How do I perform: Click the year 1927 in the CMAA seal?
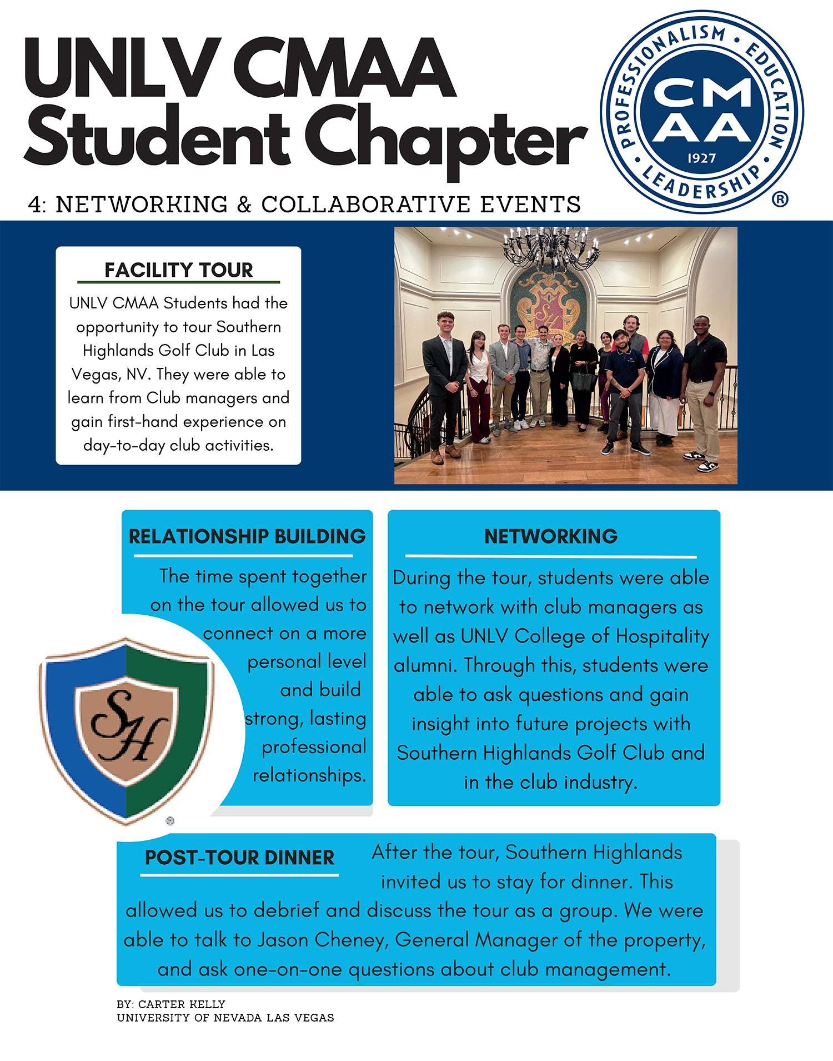tap(701, 158)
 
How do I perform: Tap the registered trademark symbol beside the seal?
tap(780, 199)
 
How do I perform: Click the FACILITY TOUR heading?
tap(178, 270)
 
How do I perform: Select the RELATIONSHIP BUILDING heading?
tap(247, 536)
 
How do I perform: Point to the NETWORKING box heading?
tap(550, 536)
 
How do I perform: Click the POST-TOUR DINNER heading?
tap(239, 858)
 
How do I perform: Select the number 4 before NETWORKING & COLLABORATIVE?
tap(35, 205)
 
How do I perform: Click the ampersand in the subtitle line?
tap(244, 205)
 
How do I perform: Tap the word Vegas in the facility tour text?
tap(92, 374)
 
